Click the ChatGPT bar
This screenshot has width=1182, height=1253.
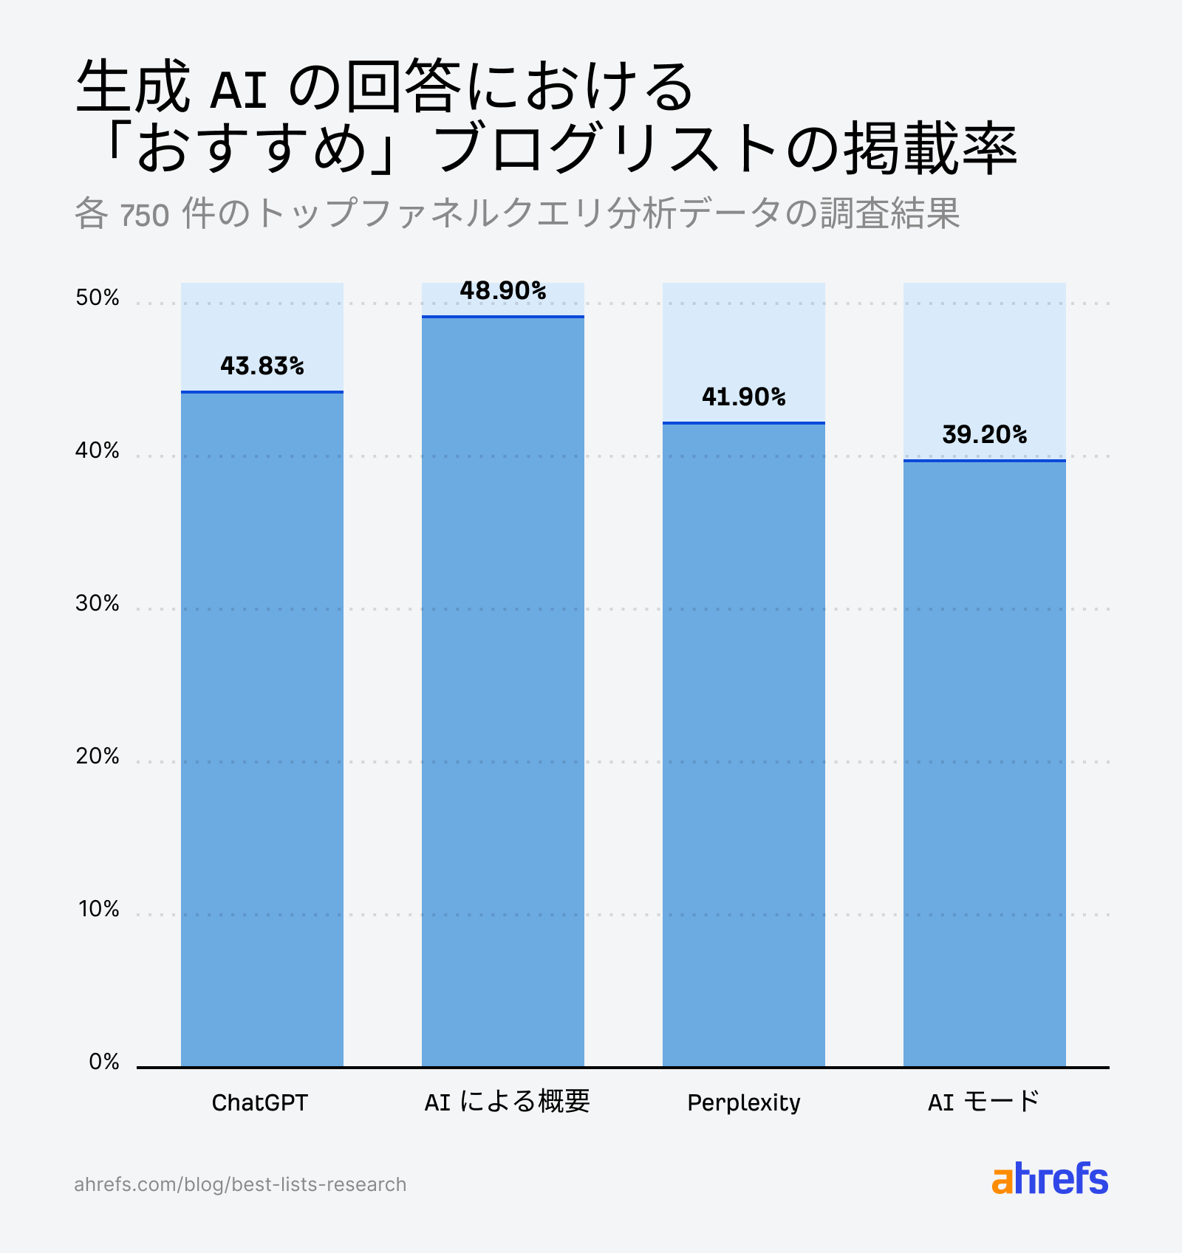[x=262, y=729]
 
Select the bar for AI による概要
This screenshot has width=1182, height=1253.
[x=503, y=691]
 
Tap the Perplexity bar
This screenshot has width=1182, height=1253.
[x=744, y=744]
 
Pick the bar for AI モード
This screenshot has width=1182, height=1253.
[x=985, y=763]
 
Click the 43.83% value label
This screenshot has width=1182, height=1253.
[x=262, y=366]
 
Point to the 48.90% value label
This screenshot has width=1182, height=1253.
[x=503, y=291]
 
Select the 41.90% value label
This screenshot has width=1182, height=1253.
[x=744, y=397]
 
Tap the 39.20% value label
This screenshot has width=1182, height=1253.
[x=985, y=435]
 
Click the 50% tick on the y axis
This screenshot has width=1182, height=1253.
[x=98, y=298]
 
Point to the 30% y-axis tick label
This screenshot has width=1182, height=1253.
[x=98, y=603]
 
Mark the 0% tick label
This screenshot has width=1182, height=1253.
[x=104, y=1062]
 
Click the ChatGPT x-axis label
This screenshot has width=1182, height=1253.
[x=259, y=1102]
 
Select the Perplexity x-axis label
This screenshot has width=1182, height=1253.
[x=744, y=1102]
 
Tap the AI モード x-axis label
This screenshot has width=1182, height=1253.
[x=983, y=1102]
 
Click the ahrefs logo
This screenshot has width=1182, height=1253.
[x=1050, y=1179]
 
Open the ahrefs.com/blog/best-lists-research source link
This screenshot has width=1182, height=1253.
[x=240, y=1184]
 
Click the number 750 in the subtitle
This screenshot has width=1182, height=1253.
[x=145, y=216]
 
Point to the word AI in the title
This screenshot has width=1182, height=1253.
[x=238, y=90]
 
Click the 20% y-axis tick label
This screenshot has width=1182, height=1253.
[x=98, y=756]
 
